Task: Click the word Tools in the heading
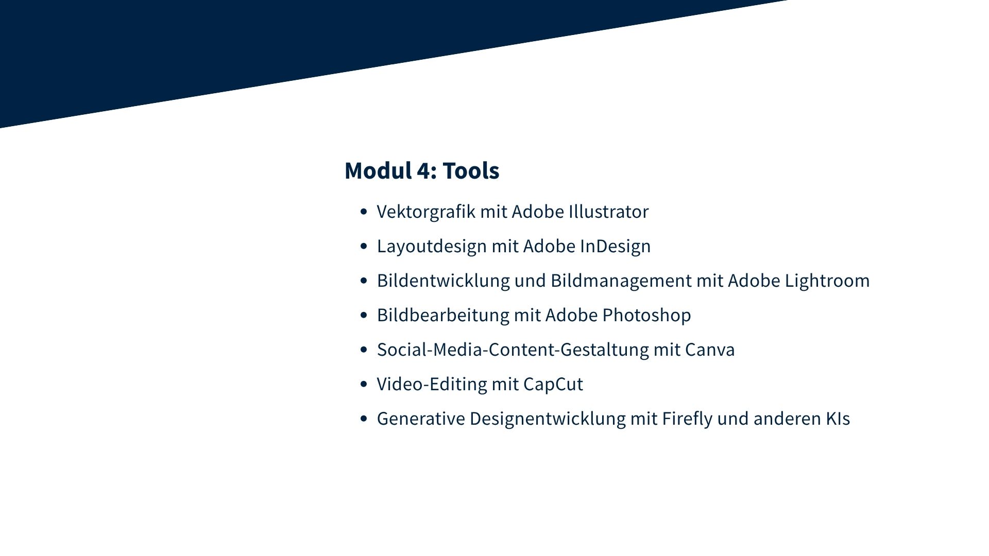click(x=471, y=170)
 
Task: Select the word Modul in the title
click(x=378, y=170)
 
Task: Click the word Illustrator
click(x=608, y=212)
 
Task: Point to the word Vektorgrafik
click(x=426, y=212)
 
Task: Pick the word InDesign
click(x=615, y=246)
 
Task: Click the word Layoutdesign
click(x=432, y=246)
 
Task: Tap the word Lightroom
click(x=827, y=281)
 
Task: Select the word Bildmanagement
click(x=621, y=281)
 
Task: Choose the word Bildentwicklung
click(x=444, y=281)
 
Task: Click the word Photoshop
click(x=646, y=315)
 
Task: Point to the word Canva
click(x=710, y=350)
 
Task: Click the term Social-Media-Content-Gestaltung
click(x=513, y=350)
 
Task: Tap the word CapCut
click(x=553, y=384)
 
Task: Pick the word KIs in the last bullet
click(x=838, y=419)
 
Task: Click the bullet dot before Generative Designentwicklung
click(x=364, y=419)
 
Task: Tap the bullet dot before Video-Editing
click(x=364, y=384)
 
